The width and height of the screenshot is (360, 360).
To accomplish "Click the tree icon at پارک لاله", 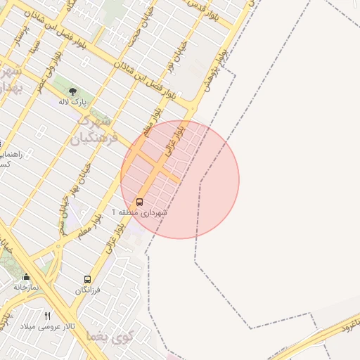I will tap(72, 91).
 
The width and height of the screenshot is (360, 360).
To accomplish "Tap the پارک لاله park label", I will tap(72, 102).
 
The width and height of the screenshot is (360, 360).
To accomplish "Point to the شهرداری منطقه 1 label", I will tap(139, 212).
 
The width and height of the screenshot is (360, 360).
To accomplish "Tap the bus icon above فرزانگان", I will tap(87, 279).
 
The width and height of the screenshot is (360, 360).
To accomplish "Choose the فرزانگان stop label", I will tap(88, 290).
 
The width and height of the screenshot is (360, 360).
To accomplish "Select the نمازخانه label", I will tap(26, 287).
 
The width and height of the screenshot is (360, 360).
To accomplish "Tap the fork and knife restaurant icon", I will tap(48, 316).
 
